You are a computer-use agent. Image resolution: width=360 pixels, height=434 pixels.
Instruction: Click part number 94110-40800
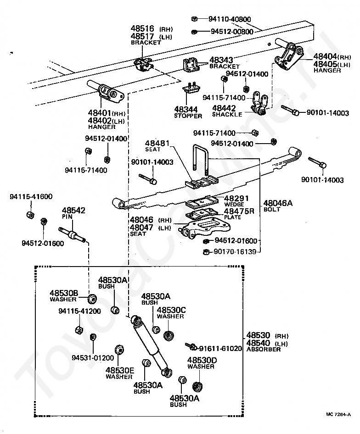point(230,19)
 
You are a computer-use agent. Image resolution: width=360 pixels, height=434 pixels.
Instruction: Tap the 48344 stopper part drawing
point(191,89)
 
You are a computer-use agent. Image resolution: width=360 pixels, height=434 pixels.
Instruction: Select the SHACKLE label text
point(227,114)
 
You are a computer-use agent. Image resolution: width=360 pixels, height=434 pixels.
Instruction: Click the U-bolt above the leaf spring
point(200,160)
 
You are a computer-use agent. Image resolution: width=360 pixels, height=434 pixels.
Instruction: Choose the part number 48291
point(236,198)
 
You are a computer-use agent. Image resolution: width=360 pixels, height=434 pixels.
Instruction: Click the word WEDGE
point(234,204)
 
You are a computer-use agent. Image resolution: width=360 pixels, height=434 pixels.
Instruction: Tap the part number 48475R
point(239,211)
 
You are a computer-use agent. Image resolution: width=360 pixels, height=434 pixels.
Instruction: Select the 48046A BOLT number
point(278,203)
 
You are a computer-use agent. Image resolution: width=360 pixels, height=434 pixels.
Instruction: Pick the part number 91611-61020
point(220,348)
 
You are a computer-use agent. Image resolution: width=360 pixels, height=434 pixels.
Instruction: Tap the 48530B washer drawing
point(92,299)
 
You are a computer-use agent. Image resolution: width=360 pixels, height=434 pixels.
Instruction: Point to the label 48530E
point(120,370)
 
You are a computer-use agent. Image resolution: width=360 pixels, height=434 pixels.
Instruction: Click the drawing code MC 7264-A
point(338,414)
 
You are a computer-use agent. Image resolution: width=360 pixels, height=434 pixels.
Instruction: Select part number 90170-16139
point(235,251)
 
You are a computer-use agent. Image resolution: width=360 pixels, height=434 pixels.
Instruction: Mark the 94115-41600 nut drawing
point(30,215)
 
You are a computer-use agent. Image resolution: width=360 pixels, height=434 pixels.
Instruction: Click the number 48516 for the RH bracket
point(142,28)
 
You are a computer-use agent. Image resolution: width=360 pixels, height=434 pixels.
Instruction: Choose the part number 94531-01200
point(93,357)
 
